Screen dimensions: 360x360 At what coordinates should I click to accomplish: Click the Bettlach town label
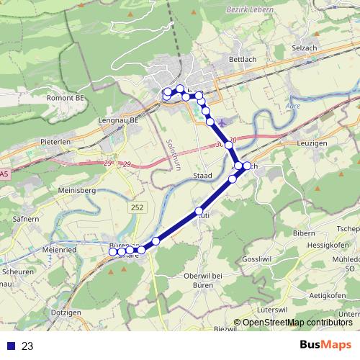tap(242, 58)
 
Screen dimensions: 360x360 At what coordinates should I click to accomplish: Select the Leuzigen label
tap(311, 143)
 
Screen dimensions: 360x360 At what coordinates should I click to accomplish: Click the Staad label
tap(203, 175)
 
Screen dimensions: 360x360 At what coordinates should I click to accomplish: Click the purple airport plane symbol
tap(220, 122)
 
